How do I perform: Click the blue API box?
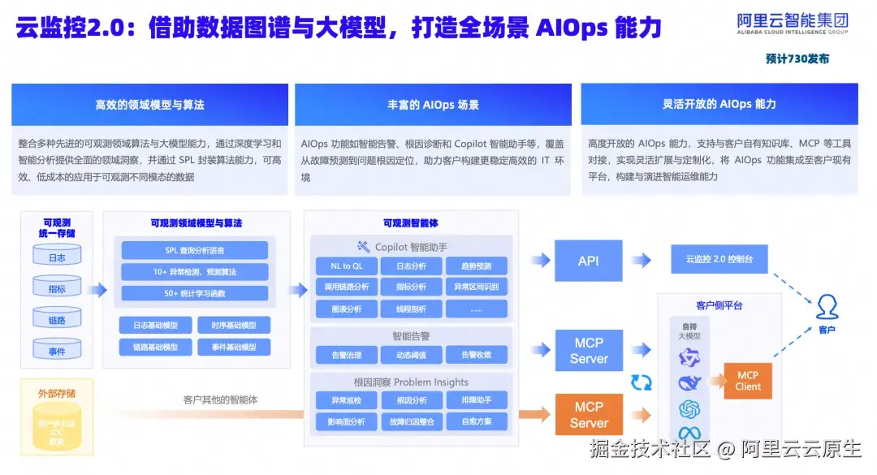point(589,261)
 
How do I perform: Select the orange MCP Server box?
point(589,414)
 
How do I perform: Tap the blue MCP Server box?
point(589,351)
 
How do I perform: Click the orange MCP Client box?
point(747,381)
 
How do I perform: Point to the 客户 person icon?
point(827,307)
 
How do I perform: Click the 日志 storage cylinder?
point(57,257)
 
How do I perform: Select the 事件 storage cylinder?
point(57,350)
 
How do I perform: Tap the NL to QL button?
point(346,266)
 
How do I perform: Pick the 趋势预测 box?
point(476,266)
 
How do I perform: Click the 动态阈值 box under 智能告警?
point(411,355)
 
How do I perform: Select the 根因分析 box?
point(411,399)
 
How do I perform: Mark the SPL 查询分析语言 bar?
point(194,250)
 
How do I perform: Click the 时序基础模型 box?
point(234,325)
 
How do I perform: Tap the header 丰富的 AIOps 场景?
point(433,105)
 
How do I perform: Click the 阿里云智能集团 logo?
point(792,24)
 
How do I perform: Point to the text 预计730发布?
point(797,58)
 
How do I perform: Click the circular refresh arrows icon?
point(642,382)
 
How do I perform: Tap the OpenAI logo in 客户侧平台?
point(689,408)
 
